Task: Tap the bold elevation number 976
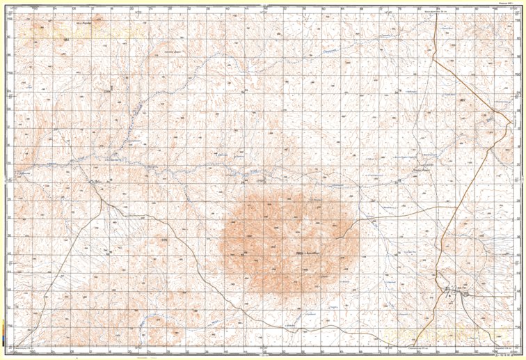(x=164, y=241)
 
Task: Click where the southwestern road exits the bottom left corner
(x=15, y=345)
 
